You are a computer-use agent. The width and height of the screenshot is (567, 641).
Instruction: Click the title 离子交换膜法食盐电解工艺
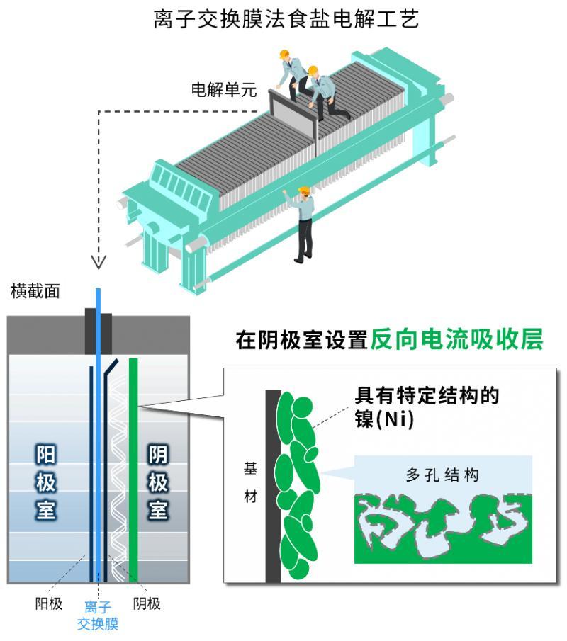[286, 19]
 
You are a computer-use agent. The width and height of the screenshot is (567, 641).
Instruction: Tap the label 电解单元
[224, 89]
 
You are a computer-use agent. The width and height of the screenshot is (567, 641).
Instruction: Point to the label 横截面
[35, 291]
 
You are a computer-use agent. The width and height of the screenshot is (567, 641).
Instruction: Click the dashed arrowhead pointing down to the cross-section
[99, 262]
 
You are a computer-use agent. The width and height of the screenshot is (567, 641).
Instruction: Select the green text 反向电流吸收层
[457, 339]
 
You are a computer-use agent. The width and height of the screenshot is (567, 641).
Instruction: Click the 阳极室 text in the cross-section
[45, 482]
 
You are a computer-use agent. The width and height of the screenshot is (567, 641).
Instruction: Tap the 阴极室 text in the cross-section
[158, 482]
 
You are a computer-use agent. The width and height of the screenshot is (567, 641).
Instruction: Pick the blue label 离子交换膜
[98, 616]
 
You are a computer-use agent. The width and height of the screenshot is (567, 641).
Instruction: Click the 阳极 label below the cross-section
[49, 603]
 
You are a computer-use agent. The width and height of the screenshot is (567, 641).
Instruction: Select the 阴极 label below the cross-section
[147, 603]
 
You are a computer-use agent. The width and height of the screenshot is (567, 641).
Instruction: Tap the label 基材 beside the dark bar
[250, 482]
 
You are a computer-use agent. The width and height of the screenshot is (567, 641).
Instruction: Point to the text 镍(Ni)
[384, 419]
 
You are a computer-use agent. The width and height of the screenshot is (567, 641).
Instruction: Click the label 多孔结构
[442, 475]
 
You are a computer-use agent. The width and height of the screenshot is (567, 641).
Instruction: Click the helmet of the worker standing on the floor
[304, 190]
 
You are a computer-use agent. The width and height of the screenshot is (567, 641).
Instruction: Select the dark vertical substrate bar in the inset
[273, 487]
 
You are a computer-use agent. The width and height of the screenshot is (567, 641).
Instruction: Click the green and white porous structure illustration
[443, 528]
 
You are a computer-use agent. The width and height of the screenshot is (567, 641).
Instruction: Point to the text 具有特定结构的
[427, 395]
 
